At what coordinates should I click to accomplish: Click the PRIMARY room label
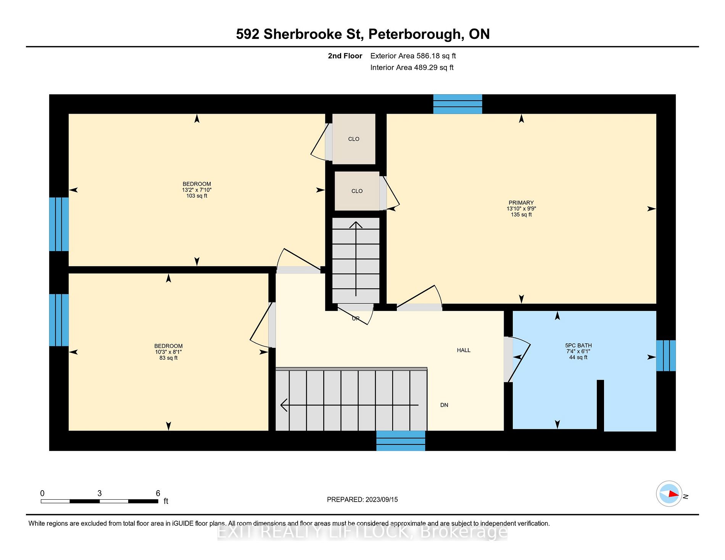click(x=521, y=203)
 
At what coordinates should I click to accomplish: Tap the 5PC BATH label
click(x=578, y=345)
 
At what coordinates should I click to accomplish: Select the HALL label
click(x=464, y=350)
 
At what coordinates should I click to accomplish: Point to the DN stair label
click(x=444, y=405)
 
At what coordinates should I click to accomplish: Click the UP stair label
click(x=356, y=319)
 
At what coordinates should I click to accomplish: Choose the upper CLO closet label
click(x=354, y=139)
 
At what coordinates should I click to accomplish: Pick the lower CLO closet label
click(x=357, y=191)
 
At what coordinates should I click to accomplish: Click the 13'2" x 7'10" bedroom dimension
click(x=197, y=190)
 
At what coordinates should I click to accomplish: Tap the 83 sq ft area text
click(x=169, y=358)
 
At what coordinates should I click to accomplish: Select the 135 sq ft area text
click(x=521, y=214)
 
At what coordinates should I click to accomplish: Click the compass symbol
click(x=669, y=494)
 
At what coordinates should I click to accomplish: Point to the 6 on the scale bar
click(x=158, y=493)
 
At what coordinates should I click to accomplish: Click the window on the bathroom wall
click(x=666, y=356)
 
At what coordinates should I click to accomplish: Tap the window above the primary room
click(x=458, y=104)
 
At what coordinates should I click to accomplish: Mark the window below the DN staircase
click(x=401, y=441)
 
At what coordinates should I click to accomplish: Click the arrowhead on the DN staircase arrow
click(x=283, y=405)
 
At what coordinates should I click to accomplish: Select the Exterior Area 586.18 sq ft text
click(x=413, y=56)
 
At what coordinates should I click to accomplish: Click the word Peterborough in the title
click(x=416, y=34)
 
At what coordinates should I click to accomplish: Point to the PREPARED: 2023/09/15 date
click(x=362, y=499)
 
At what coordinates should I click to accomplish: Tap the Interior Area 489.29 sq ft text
click(x=412, y=68)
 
